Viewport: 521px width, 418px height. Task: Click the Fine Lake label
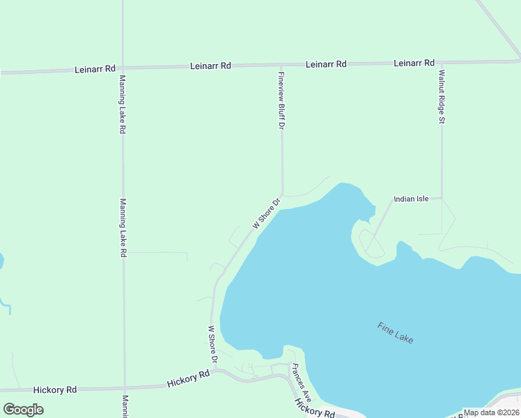395,332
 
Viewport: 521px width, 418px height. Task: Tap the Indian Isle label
411,199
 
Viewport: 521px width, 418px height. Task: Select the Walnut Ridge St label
442,95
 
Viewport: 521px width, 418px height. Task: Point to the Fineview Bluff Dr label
281,101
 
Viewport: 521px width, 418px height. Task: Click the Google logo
24,409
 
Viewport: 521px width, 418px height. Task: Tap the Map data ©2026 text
491,412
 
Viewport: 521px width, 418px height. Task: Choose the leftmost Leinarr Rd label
95,70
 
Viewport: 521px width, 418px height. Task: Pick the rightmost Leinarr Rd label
414,63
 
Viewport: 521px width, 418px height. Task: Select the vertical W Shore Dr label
213,344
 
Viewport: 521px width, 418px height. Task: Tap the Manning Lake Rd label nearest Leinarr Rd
123,104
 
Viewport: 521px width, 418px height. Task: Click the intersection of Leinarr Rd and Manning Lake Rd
123,69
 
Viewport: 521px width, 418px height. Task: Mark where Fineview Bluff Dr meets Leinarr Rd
281,65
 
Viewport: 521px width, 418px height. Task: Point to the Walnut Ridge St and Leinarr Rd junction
442,63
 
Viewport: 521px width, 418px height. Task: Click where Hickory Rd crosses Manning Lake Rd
124,387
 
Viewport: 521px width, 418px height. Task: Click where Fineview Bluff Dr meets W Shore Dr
282,194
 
